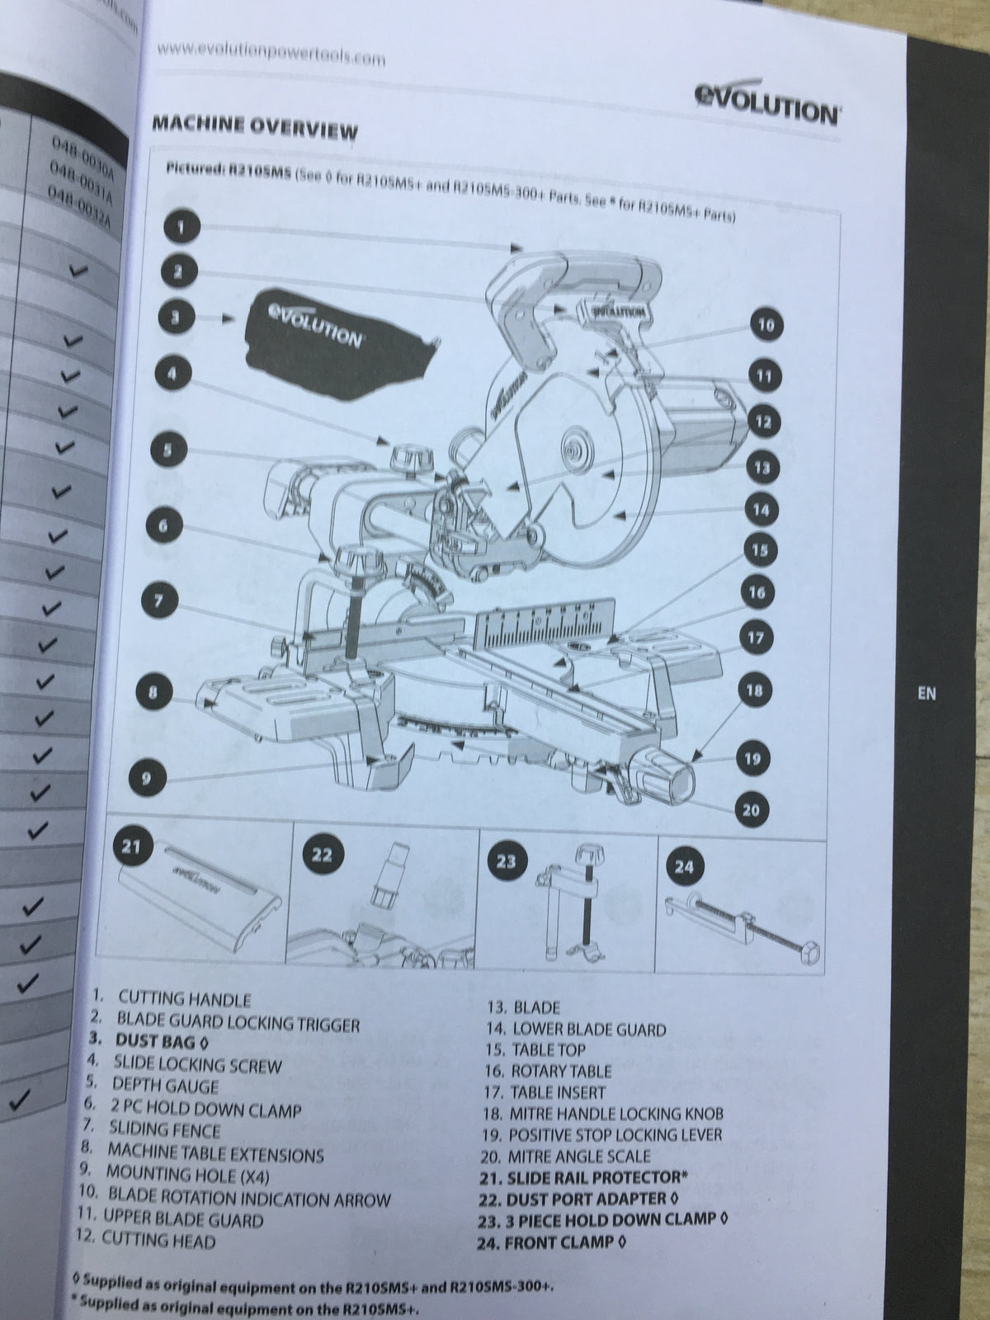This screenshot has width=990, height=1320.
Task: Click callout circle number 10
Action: (x=766, y=325)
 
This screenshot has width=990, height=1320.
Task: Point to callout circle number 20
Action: (x=751, y=809)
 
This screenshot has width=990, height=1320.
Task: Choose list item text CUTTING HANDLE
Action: (x=184, y=1000)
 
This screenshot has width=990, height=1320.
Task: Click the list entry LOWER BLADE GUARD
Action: (x=588, y=1029)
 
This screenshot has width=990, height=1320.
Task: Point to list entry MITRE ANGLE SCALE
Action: (x=578, y=1157)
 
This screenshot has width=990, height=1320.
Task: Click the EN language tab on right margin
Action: (x=926, y=694)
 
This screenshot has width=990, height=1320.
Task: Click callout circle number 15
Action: (x=759, y=550)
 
